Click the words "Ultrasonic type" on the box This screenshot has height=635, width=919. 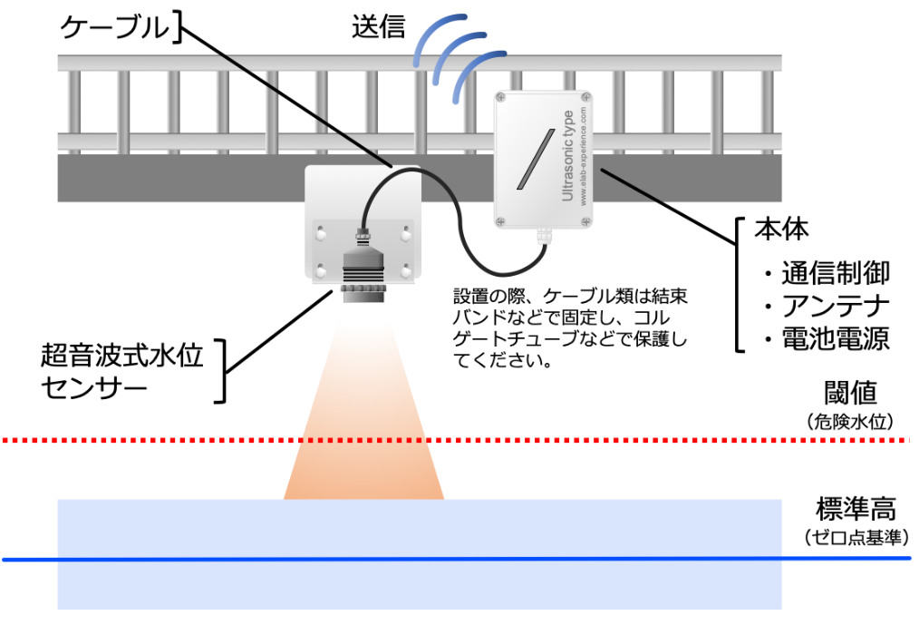tap(568, 155)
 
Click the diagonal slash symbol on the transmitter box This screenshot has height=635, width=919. tap(536, 160)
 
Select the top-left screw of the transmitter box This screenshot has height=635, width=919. tap(501, 98)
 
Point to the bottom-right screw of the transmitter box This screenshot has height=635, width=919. tap(585, 221)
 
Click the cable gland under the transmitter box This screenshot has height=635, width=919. tap(544, 237)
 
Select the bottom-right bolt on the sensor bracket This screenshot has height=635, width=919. tap(406, 271)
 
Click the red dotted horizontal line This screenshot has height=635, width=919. tap(634, 440)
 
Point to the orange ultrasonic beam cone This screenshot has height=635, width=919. tap(364, 426)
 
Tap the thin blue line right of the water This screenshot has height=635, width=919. tap(846, 559)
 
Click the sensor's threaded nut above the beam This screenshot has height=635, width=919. tap(363, 293)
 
